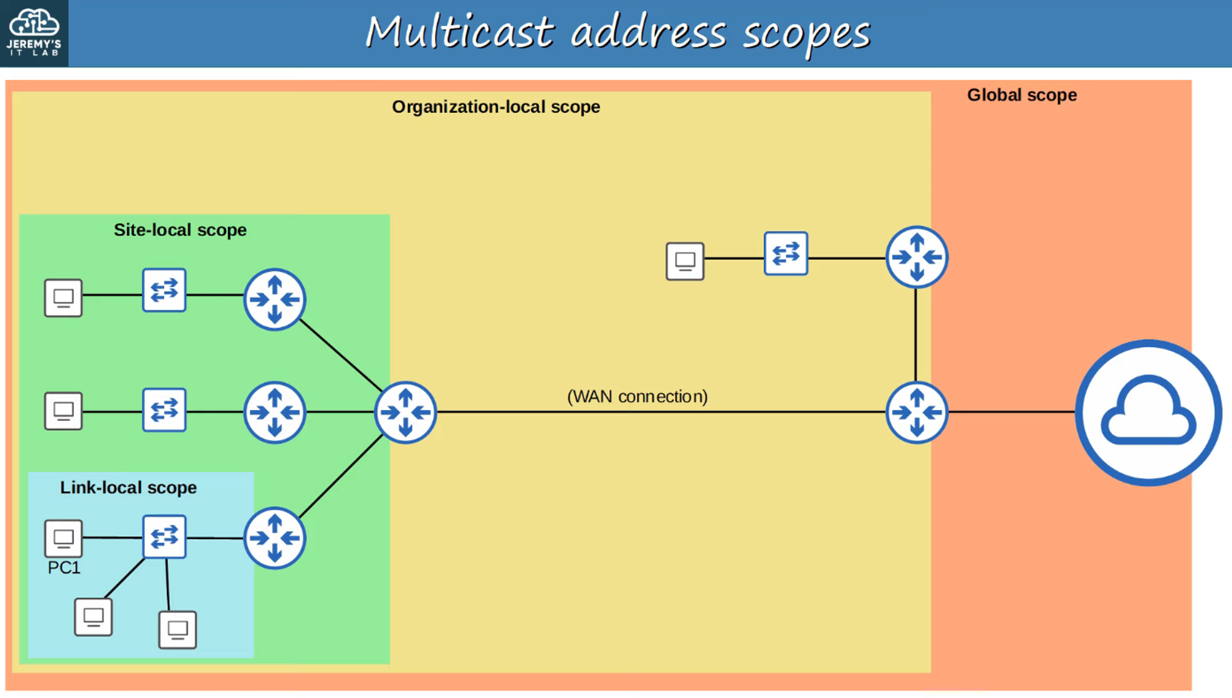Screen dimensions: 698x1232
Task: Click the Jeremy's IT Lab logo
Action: (34, 33)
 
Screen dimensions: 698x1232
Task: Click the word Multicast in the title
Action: (460, 32)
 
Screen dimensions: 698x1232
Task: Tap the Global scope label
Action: (1021, 95)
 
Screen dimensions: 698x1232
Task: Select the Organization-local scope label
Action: (496, 106)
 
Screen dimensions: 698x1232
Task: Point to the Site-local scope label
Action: (180, 230)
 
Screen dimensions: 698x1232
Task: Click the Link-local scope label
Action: (128, 487)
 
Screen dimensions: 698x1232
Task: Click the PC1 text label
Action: (64, 568)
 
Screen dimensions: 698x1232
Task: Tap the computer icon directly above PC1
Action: (63, 538)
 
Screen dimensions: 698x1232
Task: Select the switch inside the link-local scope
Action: (164, 537)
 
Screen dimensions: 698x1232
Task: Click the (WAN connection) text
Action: (637, 396)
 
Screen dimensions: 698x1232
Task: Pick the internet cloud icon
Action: (1148, 412)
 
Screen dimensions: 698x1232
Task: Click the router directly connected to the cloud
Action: (917, 412)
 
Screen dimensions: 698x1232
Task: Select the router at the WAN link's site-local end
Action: (405, 412)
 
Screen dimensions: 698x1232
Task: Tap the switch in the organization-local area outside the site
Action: (785, 253)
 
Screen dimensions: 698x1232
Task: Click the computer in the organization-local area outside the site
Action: (685, 261)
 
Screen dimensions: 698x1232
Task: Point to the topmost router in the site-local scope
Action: (275, 299)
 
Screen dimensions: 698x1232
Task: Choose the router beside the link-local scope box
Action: (275, 538)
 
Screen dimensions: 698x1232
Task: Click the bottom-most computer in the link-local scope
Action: (177, 630)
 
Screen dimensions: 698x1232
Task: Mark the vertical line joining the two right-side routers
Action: (916, 335)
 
